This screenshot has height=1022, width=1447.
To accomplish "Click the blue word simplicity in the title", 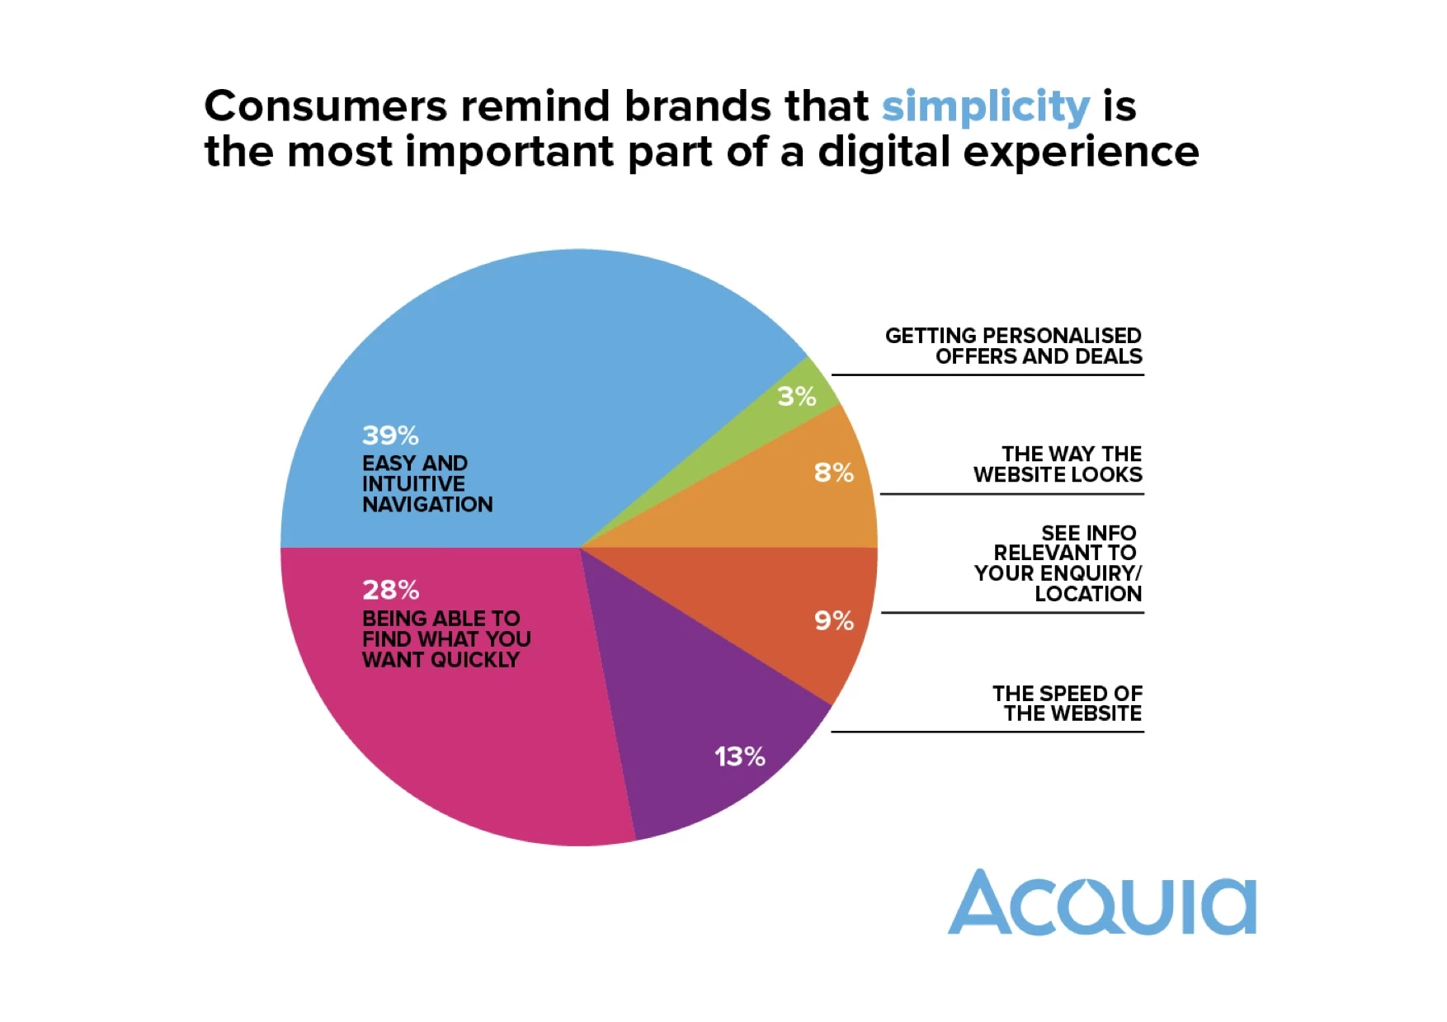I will coord(986,107).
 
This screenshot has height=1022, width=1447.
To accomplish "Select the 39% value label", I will coord(390,435).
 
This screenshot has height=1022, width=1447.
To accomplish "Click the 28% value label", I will coord(390,590).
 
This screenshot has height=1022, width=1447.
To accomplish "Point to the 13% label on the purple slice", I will coord(739,756).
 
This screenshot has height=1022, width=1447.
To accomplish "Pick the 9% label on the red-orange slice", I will coord(833,620).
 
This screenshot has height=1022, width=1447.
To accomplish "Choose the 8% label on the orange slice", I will coord(833,473).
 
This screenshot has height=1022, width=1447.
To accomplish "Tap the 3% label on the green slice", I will coord(796,397).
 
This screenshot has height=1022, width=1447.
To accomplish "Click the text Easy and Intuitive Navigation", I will coord(427,484).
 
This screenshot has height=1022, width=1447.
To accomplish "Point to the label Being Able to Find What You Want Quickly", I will coord(445,639).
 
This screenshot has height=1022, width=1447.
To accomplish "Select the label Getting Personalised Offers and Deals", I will coord(1013,346).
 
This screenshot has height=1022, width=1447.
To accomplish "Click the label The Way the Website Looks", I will coord(1058,464).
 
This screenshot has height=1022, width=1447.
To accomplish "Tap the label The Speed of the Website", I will coord(1068,704).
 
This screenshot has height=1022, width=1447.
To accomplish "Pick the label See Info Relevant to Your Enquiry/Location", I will coord(1058,563).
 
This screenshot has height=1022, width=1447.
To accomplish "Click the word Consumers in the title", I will coord(326,106).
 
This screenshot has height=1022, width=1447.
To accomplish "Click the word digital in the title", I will coord(884,153).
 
